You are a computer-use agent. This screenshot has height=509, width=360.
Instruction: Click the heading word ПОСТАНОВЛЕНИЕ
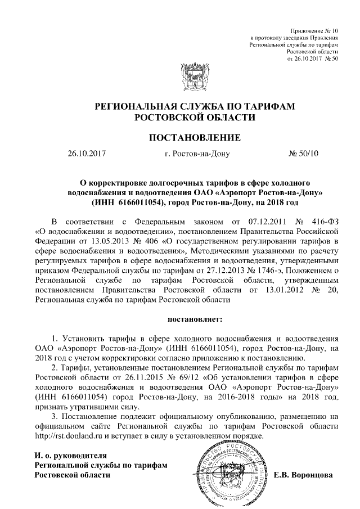[x=194, y=137]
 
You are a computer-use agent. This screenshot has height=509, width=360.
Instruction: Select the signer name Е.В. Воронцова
[x=303, y=475]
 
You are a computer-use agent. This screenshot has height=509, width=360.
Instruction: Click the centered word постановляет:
[x=195, y=319]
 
